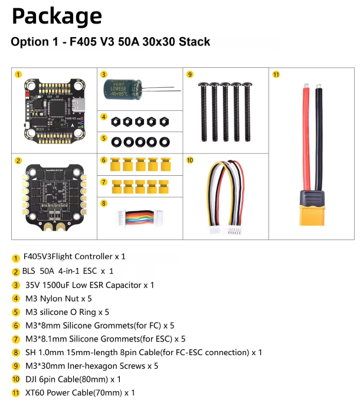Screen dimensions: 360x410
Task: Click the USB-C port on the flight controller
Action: click(x=79, y=104)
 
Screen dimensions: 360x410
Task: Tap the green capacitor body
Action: click(x=122, y=90)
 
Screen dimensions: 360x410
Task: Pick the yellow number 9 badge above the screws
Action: click(x=189, y=74)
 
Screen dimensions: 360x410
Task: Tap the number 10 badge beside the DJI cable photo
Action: click(x=189, y=160)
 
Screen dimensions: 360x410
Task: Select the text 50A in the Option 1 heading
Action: click(x=129, y=42)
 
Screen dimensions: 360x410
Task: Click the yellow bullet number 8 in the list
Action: click(x=16, y=352)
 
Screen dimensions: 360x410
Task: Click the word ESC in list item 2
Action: click(x=90, y=271)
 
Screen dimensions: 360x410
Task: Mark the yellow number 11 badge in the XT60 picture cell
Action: click(x=276, y=74)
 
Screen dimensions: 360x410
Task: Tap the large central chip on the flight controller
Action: click(x=58, y=107)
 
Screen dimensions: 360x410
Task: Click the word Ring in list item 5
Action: click(x=87, y=312)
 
